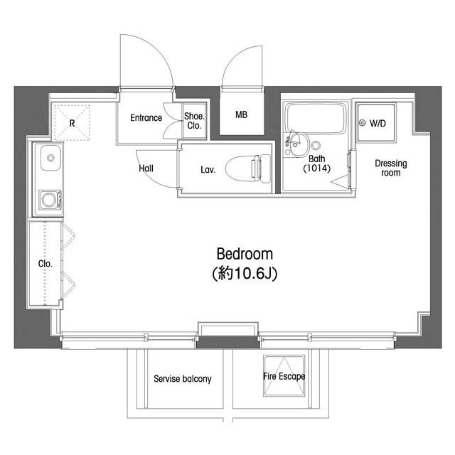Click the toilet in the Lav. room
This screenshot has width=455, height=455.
[248, 169]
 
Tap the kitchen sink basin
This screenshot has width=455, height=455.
[50, 158]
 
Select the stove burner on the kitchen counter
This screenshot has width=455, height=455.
[50, 199]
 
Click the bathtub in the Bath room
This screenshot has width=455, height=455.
[316, 118]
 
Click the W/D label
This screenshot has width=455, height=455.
[378, 124]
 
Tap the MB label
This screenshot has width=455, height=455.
[241, 114]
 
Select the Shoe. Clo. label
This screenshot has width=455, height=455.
[194, 121]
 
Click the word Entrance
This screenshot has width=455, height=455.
[146, 118]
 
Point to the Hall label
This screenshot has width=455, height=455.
[146, 168]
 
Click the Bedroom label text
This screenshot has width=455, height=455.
[245, 254]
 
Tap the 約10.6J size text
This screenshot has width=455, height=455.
[245, 273]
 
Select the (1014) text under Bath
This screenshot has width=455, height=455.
[316, 168]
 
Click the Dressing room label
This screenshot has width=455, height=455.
[390, 168]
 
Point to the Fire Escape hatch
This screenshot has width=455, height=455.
[284, 375]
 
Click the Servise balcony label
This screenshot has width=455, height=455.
[183, 379]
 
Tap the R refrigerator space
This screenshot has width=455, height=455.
[72, 123]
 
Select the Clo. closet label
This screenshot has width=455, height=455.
[45, 264]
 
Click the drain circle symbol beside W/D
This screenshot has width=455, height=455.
[362, 123]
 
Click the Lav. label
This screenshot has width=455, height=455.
[208, 170]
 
